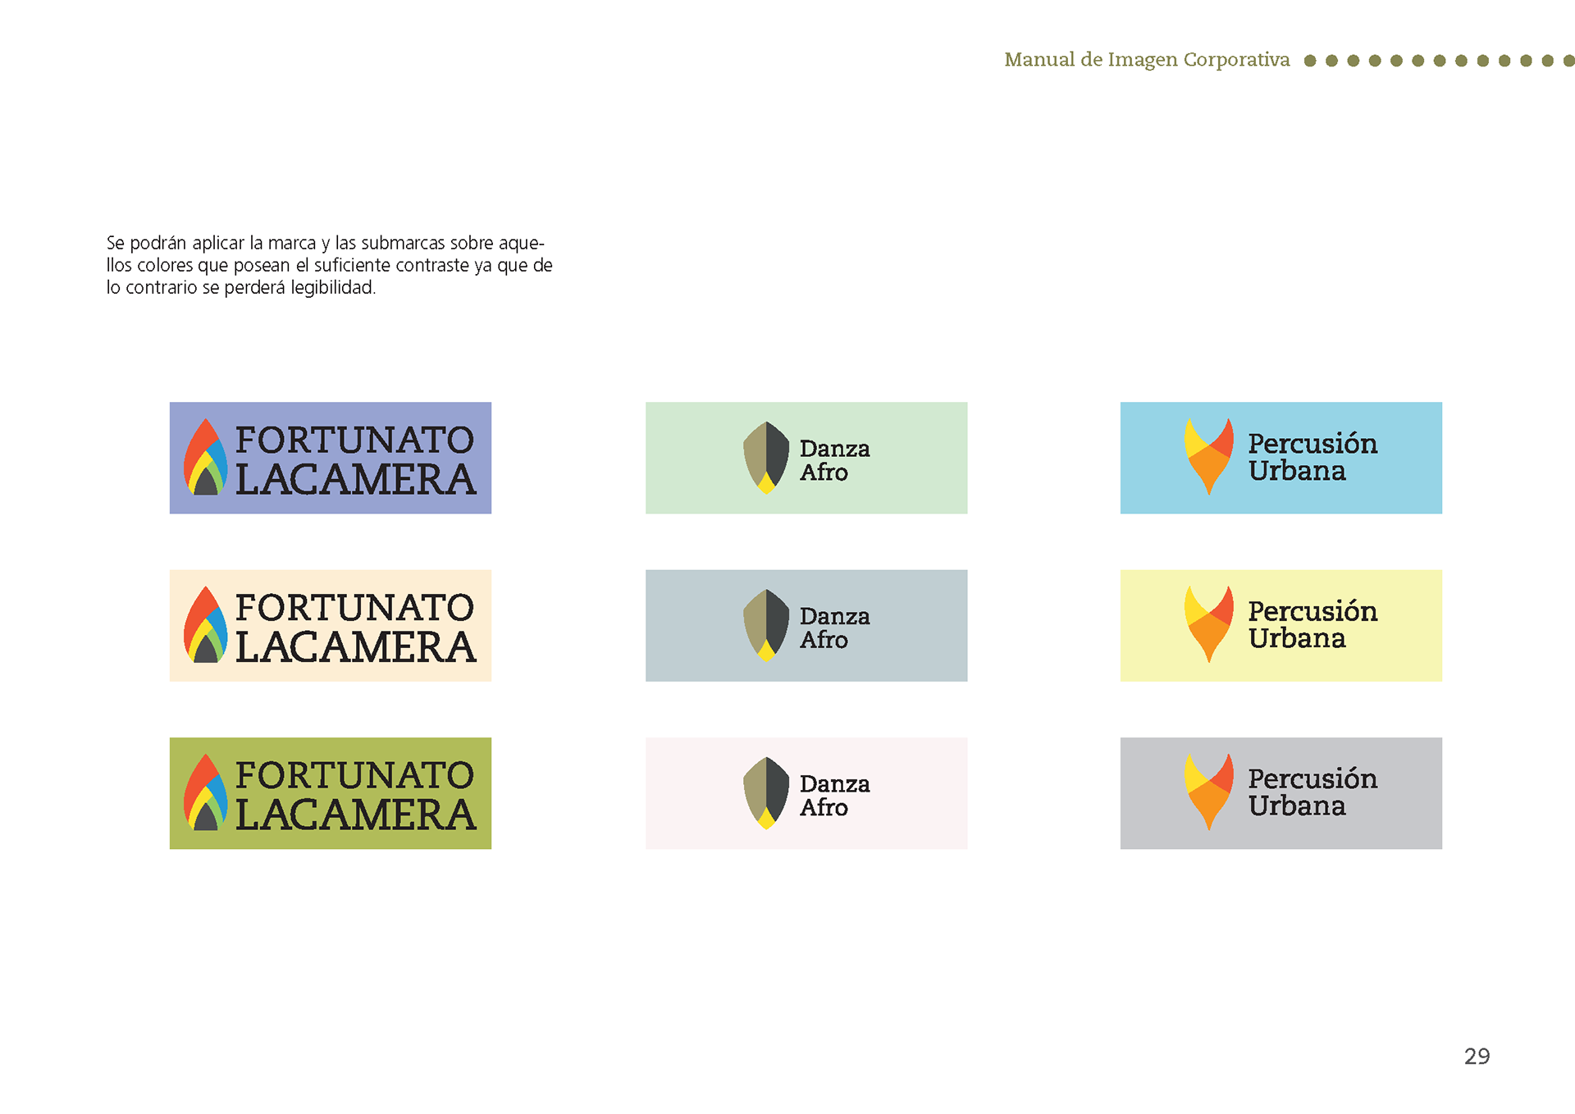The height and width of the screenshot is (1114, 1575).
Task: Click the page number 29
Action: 1477,1056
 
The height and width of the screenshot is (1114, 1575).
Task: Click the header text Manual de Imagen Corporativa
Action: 1147,60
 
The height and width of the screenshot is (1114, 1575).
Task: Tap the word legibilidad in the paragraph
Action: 333,288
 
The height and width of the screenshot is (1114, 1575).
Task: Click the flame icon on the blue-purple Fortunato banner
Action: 205,457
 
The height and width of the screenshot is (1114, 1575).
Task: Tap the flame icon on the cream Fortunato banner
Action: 205,624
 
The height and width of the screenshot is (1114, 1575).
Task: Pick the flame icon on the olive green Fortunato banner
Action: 205,792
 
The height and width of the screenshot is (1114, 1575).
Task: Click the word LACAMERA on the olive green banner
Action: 355,815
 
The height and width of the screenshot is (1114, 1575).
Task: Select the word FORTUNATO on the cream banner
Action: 354,608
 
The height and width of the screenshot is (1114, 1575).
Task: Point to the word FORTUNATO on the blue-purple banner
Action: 354,441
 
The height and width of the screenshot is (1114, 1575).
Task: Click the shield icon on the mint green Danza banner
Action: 766,458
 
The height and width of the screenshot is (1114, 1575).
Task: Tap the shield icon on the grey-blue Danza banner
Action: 766,625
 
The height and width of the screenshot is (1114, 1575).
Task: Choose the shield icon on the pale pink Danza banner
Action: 766,793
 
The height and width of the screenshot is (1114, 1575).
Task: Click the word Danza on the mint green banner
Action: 834,449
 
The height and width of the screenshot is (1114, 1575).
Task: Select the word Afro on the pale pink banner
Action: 824,807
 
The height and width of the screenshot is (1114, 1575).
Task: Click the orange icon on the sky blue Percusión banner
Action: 1208,457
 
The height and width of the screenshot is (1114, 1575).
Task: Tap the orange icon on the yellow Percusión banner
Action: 1208,624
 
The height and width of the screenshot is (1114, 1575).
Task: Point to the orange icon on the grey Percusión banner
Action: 1208,792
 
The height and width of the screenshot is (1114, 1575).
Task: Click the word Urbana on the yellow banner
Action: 1297,638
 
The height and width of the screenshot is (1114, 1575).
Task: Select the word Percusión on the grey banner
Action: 1312,778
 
